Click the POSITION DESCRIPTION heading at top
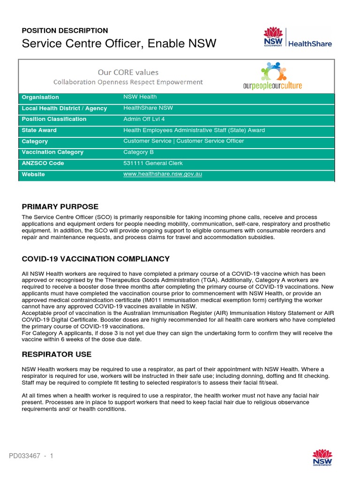point(65,30)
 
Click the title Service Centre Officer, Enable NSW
point(119,44)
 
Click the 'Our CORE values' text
point(127,72)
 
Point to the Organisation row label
point(40,97)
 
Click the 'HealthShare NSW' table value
point(148,108)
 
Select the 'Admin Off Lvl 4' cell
point(145,119)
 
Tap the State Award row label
point(39,130)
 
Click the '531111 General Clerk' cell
point(153,163)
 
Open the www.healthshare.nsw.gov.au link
point(162,174)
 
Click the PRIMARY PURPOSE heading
point(60,207)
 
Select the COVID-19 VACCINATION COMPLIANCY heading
point(96,259)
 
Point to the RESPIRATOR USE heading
point(57,354)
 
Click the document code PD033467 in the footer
point(26,456)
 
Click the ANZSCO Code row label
point(43,163)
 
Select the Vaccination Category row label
point(52,152)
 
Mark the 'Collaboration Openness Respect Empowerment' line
point(128,82)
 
